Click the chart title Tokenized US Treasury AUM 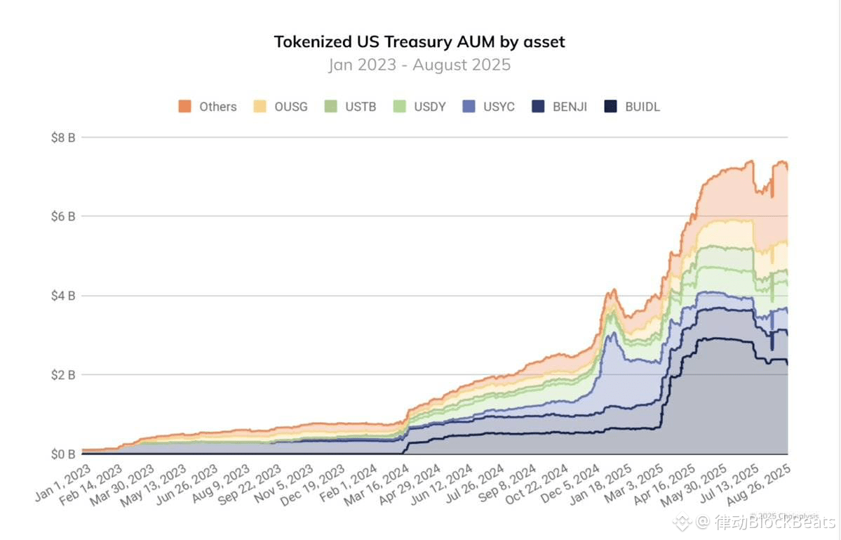point(419,41)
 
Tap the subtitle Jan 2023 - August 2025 point(419,65)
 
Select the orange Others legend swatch point(185,107)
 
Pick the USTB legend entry point(361,107)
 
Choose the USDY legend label point(430,107)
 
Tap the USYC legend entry point(499,107)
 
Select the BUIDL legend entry point(642,107)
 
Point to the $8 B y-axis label point(63,138)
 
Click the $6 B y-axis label point(63,216)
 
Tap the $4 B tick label point(63,296)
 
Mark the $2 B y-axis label point(63,375)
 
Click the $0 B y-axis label point(63,454)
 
